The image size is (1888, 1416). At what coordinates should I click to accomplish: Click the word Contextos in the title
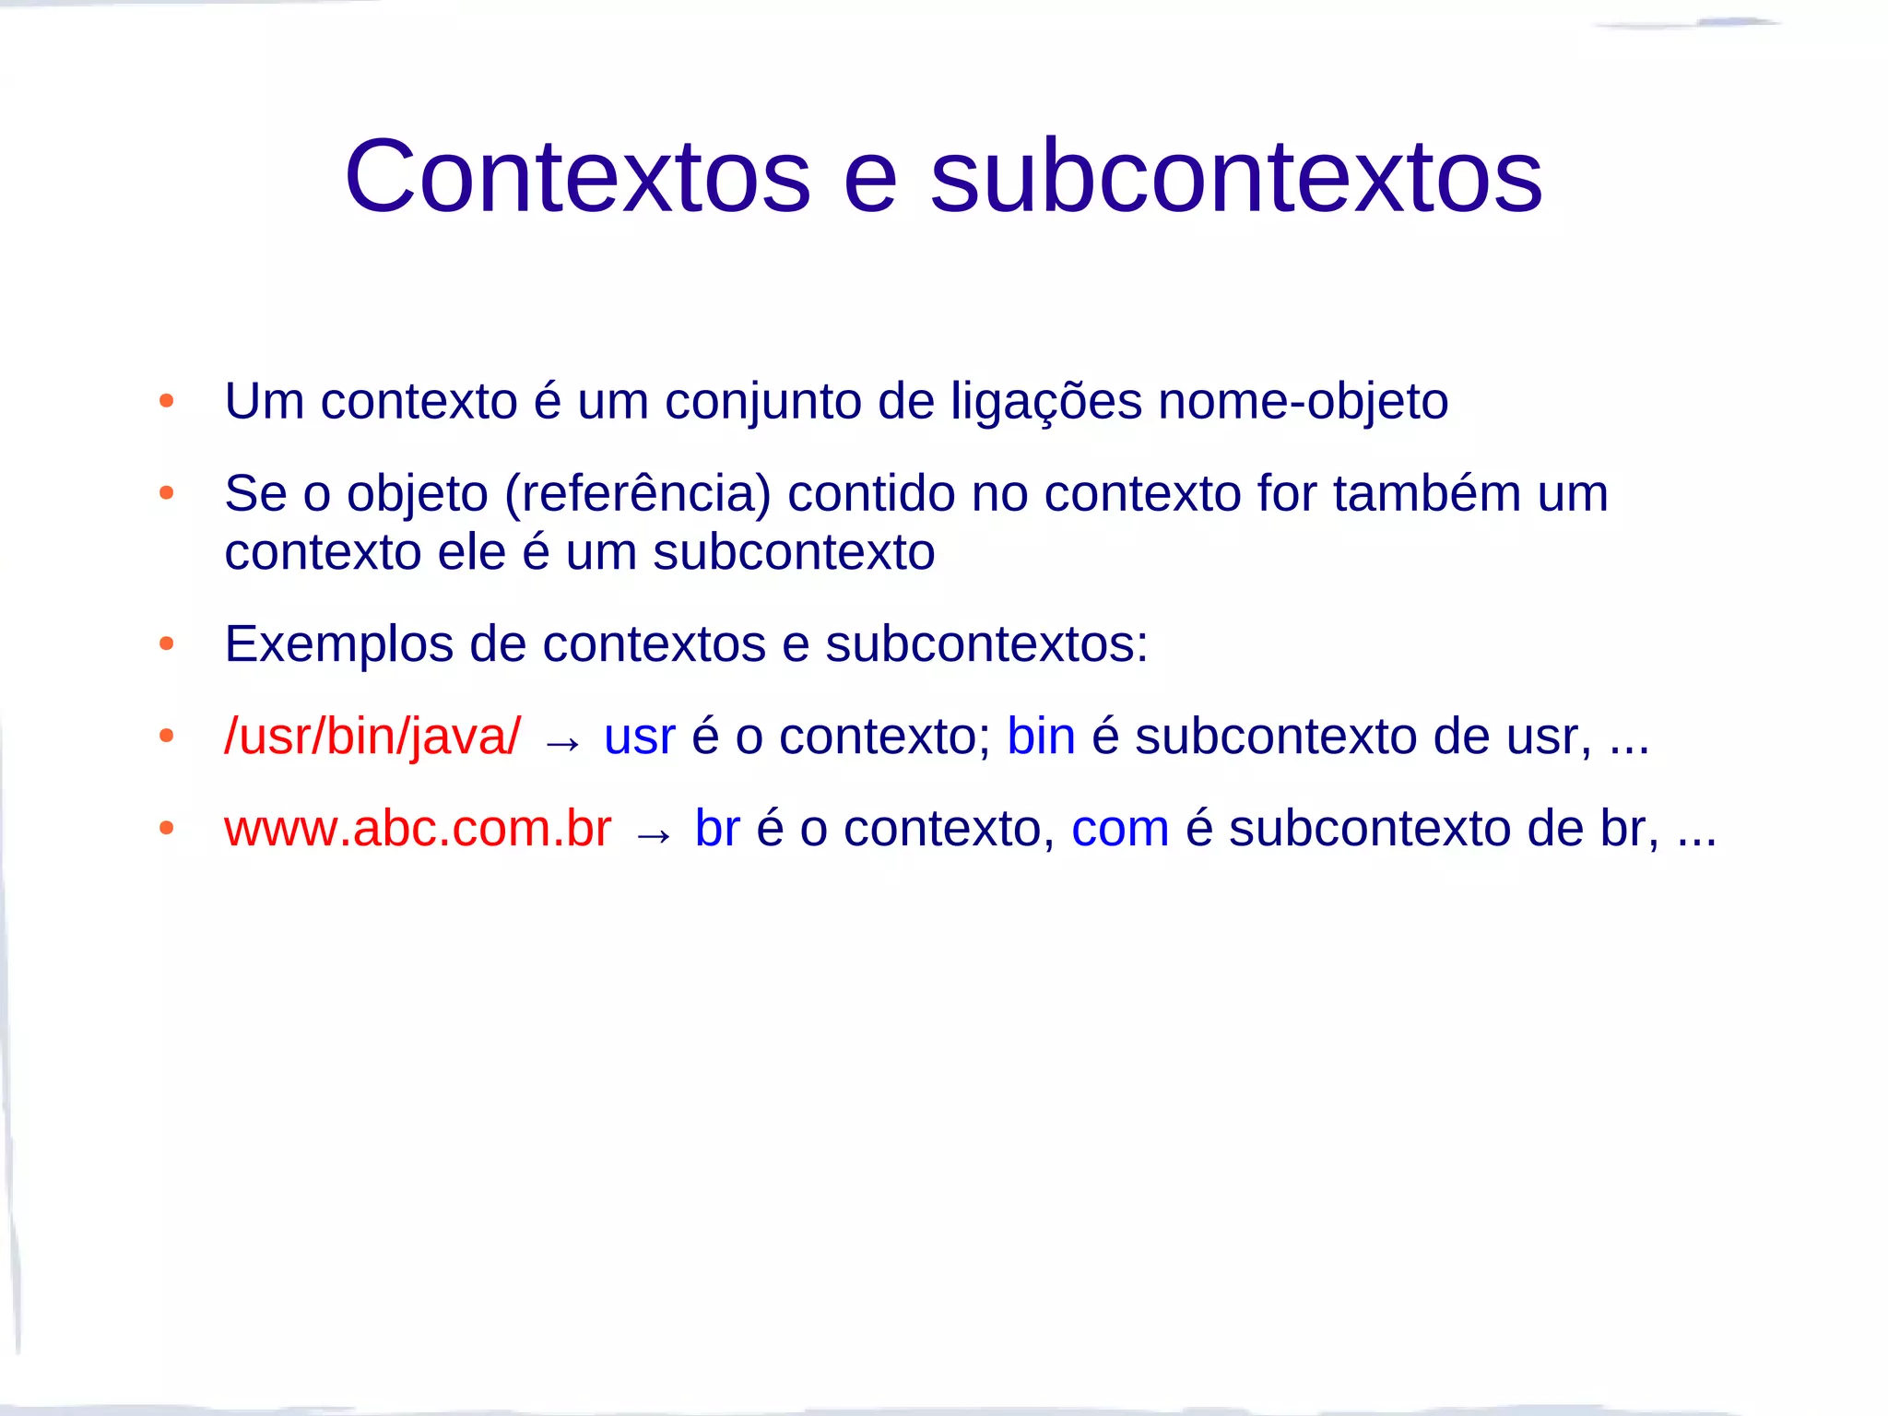coord(577,176)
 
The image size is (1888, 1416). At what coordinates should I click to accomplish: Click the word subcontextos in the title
coord(1235,176)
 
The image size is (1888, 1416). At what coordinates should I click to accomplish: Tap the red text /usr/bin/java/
coord(372,737)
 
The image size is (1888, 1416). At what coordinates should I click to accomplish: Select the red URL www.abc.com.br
coord(418,828)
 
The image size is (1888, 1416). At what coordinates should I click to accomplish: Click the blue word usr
coord(640,737)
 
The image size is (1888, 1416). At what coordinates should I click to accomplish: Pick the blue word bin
coord(1041,737)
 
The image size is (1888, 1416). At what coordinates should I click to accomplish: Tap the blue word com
coord(1119,828)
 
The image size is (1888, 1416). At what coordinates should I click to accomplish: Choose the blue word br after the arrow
coord(717,828)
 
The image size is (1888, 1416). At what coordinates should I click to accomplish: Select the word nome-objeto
coord(1303,403)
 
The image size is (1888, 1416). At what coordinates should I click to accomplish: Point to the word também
coord(1426,493)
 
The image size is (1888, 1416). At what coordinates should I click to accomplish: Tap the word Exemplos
coord(338,644)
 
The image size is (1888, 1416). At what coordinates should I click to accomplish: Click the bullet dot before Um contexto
coord(166,401)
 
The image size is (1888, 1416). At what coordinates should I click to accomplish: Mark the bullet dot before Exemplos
coord(166,643)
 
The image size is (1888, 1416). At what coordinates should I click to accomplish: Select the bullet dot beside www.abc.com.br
coord(166,828)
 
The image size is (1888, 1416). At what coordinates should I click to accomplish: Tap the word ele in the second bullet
coord(472,552)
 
